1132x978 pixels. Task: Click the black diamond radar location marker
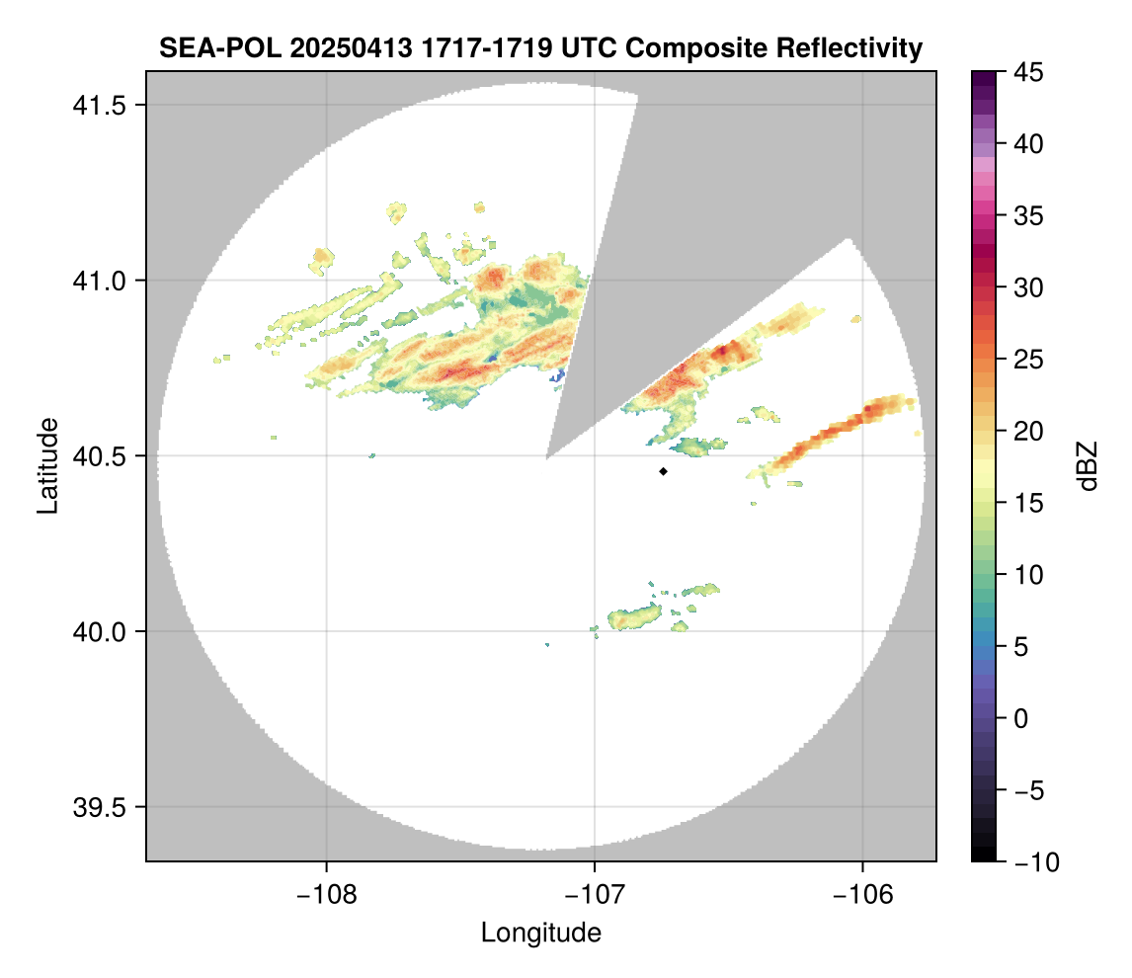(x=663, y=471)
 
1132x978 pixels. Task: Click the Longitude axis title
(x=541, y=933)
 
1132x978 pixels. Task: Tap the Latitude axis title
(x=47, y=465)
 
